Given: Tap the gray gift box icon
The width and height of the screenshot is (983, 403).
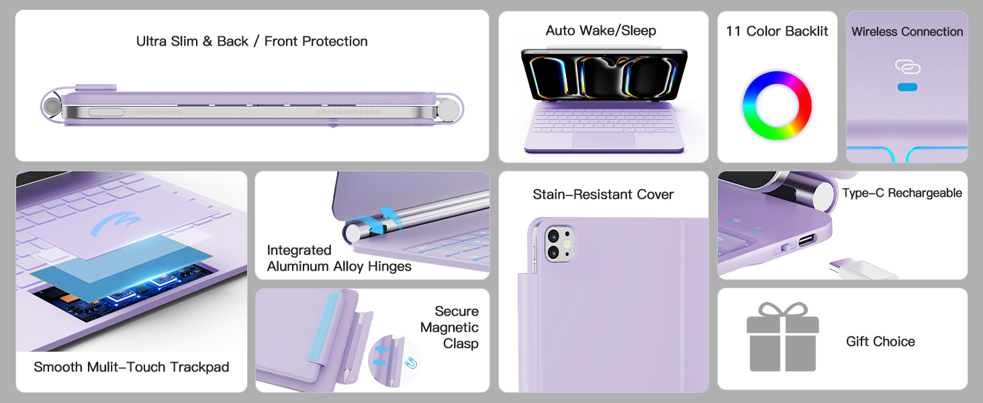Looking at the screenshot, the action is pyautogui.click(x=782, y=337).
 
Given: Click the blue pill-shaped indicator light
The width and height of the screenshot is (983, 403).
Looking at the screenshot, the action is pyautogui.click(x=907, y=87).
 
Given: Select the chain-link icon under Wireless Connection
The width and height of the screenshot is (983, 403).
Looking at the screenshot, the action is pyautogui.click(x=908, y=67).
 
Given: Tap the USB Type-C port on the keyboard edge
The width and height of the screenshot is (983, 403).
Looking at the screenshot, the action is pyautogui.click(x=807, y=240).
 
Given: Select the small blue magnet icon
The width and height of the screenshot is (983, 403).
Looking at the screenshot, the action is pyautogui.click(x=411, y=363).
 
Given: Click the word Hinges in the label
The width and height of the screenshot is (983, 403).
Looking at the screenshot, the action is pyautogui.click(x=389, y=267).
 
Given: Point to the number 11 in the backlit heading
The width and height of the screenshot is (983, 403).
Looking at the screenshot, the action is pyautogui.click(x=733, y=32).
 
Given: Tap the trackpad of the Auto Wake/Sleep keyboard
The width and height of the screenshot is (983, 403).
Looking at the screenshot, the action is pyautogui.click(x=604, y=140).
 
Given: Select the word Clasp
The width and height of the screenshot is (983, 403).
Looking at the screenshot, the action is pyautogui.click(x=461, y=344).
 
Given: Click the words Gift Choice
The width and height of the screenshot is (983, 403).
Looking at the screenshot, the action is pyautogui.click(x=880, y=341).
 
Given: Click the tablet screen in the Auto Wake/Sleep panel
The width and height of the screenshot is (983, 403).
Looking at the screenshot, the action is pyautogui.click(x=604, y=75).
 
